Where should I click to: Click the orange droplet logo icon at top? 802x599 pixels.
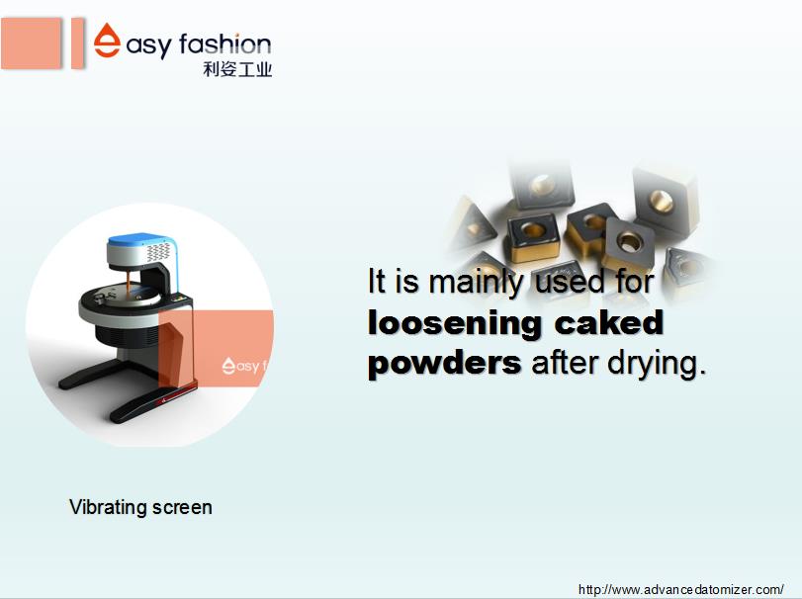[108, 40]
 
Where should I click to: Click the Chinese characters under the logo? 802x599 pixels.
[237, 69]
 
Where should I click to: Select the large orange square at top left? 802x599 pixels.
[32, 43]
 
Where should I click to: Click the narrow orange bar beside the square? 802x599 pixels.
[77, 43]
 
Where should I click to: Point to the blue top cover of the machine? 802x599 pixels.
[140, 239]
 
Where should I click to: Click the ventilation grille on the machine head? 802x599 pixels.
[158, 252]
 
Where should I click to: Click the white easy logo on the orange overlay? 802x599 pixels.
[244, 366]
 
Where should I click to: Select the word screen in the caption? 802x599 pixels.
[183, 507]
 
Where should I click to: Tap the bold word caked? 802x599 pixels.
[608, 322]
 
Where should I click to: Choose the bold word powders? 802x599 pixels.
[444, 365]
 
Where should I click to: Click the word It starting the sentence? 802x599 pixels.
[377, 281]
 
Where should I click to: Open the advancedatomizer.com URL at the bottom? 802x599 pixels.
[680, 589]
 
